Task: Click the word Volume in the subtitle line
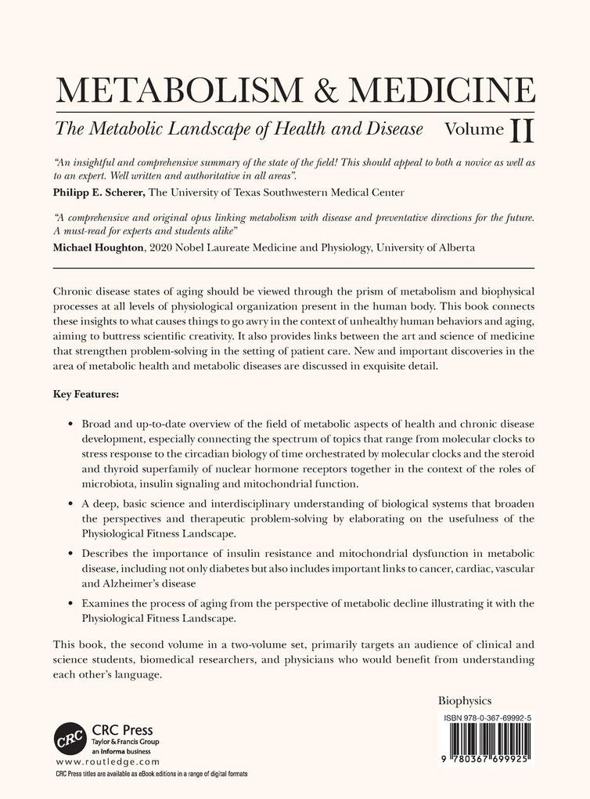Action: (x=472, y=127)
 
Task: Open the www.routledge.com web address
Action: (x=108, y=761)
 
